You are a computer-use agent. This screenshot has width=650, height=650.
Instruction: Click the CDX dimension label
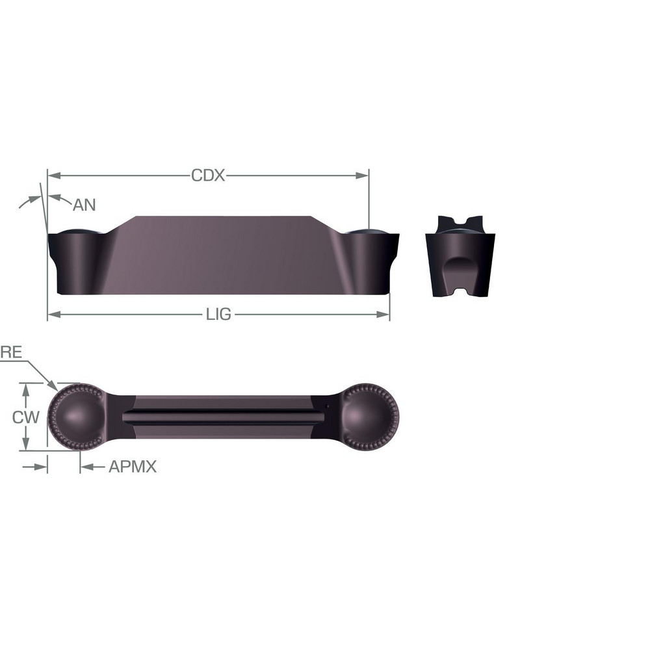coord(207,175)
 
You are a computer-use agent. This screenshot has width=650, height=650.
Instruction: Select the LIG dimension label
coord(218,315)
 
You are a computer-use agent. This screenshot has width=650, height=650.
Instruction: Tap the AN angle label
coord(84,205)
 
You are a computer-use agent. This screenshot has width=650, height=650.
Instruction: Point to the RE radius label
coord(11,353)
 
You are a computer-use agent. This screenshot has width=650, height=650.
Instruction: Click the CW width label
coord(26,417)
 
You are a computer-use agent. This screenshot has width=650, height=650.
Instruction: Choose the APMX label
coord(133,467)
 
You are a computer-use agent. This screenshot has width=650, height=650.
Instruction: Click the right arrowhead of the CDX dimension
coord(363,175)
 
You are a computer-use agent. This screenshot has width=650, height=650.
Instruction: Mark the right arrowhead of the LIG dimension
coord(384,315)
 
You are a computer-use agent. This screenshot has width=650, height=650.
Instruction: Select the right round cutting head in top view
coord(369,417)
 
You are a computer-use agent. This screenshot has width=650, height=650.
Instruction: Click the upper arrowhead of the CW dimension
coord(25,388)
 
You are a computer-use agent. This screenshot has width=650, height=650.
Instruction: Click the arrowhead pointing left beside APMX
coord(85,467)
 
